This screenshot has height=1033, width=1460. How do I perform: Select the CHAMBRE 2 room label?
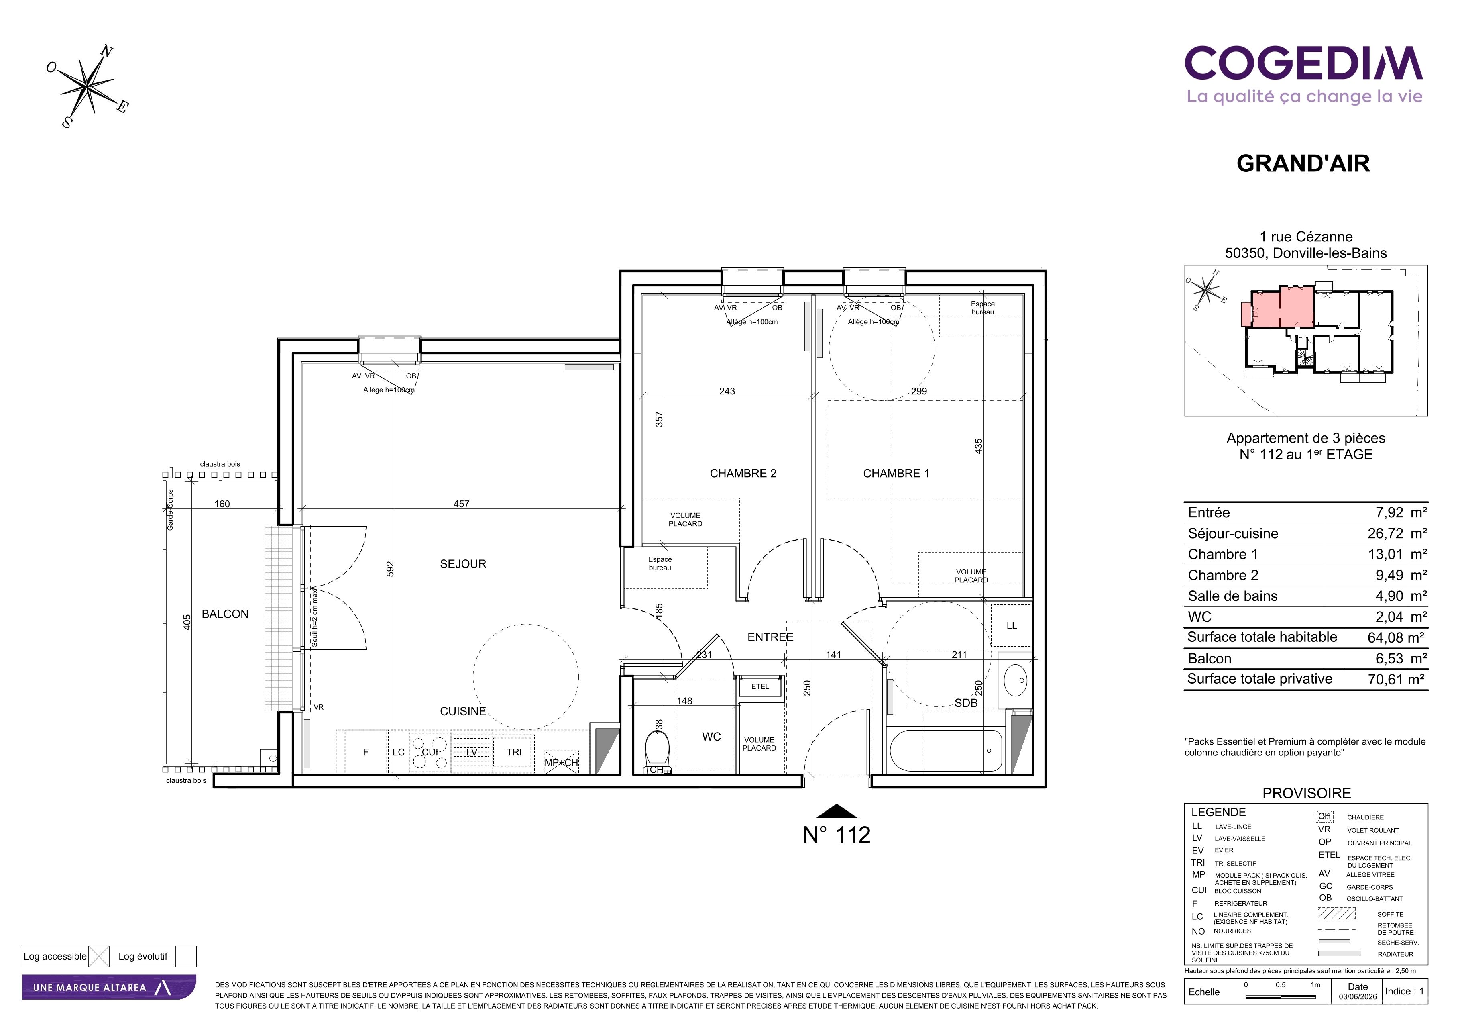click(x=743, y=473)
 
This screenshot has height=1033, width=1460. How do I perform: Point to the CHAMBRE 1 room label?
click(x=896, y=473)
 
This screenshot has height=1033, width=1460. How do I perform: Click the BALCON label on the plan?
click(x=225, y=614)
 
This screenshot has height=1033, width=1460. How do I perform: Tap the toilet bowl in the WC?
click(x=657, y=751)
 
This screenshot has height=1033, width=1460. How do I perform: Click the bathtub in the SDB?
click(x=946, y=751)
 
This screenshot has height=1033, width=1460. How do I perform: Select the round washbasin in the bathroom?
click(x=1016, y=680)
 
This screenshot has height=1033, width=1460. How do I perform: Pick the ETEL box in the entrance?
click(x=760, y=687)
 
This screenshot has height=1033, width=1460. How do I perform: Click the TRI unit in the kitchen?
click(x=514, y=752)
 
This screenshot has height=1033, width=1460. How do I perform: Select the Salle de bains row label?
click(x=1232, y=596)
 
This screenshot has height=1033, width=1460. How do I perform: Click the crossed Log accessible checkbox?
click(x=99, y=956)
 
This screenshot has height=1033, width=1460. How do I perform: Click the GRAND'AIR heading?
click(x=1303, y=163)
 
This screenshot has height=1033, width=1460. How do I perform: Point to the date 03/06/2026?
click(x=1358, y=997)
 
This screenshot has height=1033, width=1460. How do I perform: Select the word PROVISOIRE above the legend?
click(x=1306, y=793)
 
